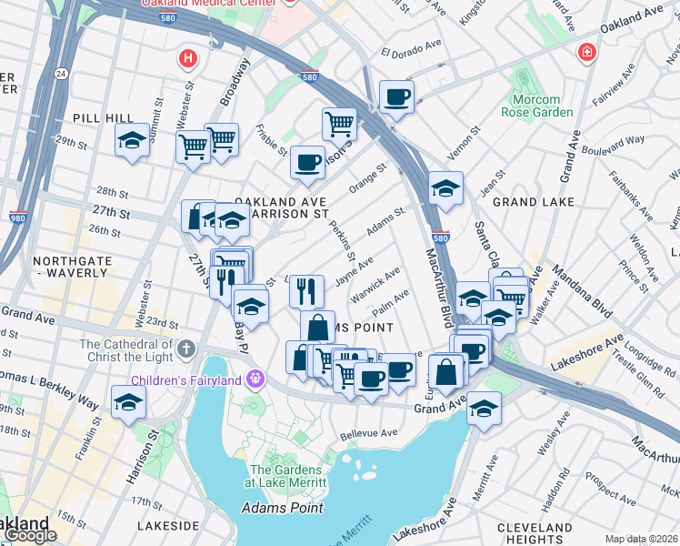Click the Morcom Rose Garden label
[x=536, y=105]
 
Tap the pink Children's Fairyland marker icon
[x=257, y=376]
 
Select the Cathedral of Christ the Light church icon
[x=186, y=349]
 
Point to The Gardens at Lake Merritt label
[x=287, y=476]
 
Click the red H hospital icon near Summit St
[x=188, y=59]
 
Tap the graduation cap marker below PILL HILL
[x=132, y=141]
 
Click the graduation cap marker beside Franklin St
[x=128, y=401]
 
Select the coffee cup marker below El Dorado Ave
[x=396, y=96]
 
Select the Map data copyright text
[x=641, y=539]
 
